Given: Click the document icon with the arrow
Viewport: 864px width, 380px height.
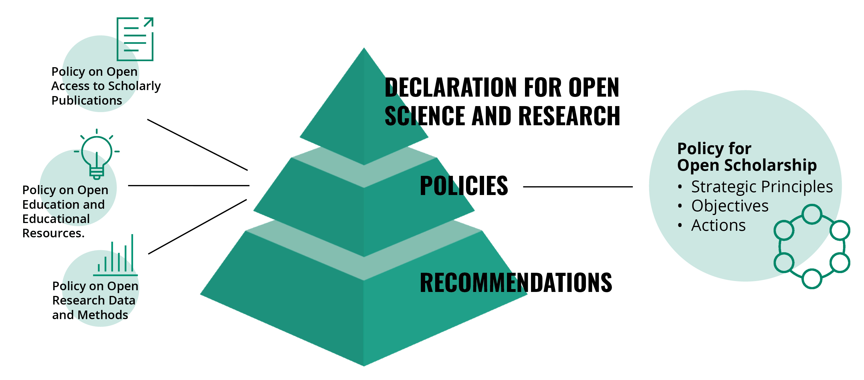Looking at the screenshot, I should (x=135, y=39).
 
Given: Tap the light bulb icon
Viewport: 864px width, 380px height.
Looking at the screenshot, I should (x=97, y=156).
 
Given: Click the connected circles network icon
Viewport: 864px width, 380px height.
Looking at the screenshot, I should (x=812, y=246).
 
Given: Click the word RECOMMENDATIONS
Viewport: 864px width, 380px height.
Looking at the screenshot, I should (x=516, y=282).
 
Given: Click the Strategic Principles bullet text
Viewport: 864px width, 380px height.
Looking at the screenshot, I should (x=762, y=187).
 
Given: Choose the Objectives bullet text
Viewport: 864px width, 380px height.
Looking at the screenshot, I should (x=730, y=206).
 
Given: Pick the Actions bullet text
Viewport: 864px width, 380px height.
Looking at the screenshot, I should (x=718, y=225).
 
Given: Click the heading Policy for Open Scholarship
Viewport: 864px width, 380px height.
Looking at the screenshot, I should (x=747, y=157).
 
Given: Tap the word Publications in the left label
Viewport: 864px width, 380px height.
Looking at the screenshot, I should (x=86, y=101).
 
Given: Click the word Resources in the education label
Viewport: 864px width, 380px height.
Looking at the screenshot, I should (x=53, y=233).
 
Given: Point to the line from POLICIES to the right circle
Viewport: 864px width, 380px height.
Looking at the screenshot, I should (x=578, y=187).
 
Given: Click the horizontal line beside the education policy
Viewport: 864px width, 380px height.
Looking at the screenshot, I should (x=189, y=185).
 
